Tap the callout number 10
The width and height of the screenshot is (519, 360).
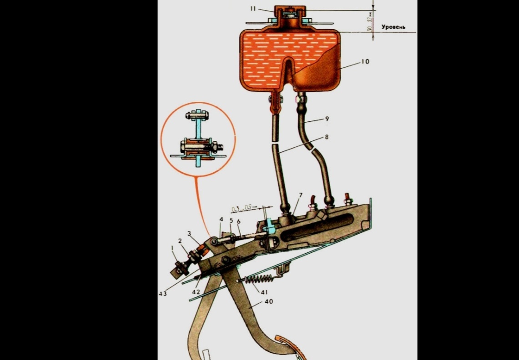(365, 61)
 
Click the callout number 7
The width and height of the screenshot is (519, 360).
(301, 195)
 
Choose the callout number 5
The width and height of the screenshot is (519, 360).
(231, 220)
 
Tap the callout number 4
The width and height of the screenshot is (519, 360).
(222, 219)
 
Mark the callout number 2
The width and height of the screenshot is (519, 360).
(179, 240)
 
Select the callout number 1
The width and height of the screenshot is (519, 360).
(172, 248)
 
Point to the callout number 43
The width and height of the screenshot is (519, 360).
(163, 294)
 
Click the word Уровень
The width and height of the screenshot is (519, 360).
(393, 28)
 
